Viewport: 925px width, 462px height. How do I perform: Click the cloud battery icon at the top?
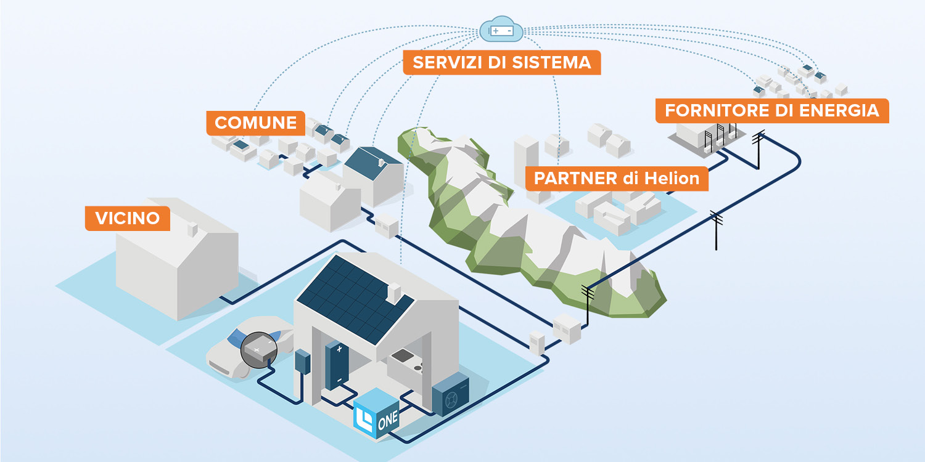coord(501,30)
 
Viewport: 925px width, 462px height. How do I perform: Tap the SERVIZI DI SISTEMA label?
coord(501,63)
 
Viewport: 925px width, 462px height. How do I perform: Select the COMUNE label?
coord(255,123)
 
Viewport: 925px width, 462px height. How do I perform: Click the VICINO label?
coord(127,218)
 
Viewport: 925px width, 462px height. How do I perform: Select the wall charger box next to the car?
coord(302,362)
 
